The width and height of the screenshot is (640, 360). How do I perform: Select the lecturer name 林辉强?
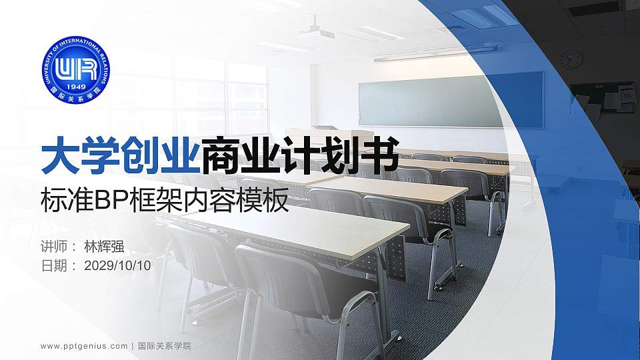point(105,246)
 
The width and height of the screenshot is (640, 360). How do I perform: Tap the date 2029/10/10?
point(119,266)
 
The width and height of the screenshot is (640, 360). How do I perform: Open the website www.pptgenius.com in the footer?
point(84,346)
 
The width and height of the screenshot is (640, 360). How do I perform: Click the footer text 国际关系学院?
point(164,346)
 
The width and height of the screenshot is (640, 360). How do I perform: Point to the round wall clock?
point(570,60)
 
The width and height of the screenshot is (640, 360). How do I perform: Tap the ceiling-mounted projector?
point(319,33)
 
